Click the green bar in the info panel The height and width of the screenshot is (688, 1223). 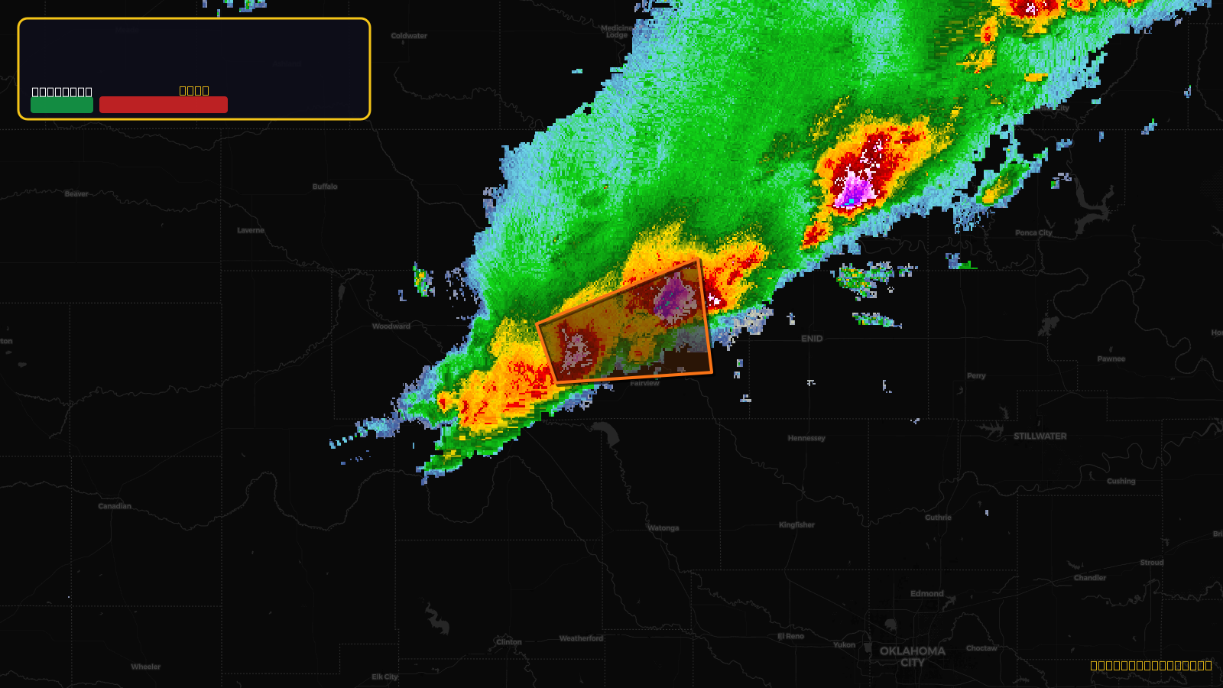click(62, 105)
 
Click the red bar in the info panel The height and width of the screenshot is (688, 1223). click(163, 105)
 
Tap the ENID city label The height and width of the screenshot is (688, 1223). click(812, 339)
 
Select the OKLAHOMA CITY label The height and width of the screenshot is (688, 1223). click(912, 657)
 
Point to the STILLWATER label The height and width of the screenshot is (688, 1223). click(1040, 436)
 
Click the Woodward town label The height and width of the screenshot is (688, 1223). click(391, 326)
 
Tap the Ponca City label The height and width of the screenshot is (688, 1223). click(1033, 233)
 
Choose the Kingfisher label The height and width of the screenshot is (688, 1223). click(796, 525)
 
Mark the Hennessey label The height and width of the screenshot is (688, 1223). click(806, 439)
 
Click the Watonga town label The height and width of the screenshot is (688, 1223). click(663, 528)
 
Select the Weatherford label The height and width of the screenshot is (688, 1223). click(581, 638)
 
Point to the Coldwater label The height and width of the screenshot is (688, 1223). click(409, 36)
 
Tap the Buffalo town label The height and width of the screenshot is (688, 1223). click(325, 187)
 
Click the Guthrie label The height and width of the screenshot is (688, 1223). click(938, 518)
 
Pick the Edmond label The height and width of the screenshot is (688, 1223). click(926, 594)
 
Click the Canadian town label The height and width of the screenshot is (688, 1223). click(115, 506)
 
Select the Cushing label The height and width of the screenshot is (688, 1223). click(1121, 482)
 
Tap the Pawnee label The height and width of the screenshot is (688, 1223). click(1111, 359)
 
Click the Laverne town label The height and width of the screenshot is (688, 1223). click(251, 230)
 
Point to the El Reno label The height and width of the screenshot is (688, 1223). click(790, 636)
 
